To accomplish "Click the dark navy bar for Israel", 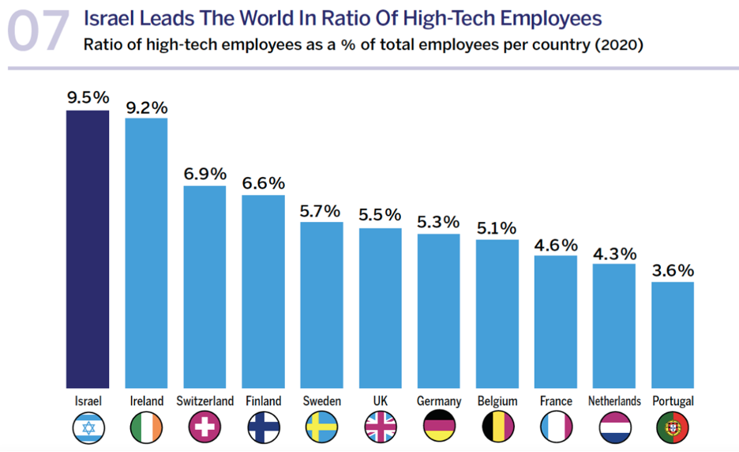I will click(88, 249).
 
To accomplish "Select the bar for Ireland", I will click(147, 253).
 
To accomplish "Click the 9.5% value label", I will click(88, 98).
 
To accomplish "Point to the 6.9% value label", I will click(205, 174).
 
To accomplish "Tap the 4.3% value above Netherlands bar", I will click(614, 254).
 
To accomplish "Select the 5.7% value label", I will click(321, 211).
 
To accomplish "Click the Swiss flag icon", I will click(205, 428).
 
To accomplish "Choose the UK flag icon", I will click(380, 428).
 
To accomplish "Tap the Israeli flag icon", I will click(88, 428).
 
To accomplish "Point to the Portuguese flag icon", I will click(673, 428).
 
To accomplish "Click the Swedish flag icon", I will click(321, 428).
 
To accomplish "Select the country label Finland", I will click(263, 401).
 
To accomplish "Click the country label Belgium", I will click(497, 401).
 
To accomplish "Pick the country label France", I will click(556, 401).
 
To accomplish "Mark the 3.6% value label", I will click(673, 271).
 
